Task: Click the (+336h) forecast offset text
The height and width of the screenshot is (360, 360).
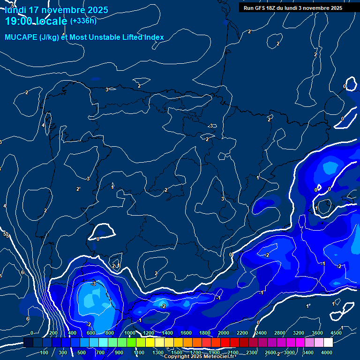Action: click(83, 21)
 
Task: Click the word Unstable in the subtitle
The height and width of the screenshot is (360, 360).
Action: click(111, 37)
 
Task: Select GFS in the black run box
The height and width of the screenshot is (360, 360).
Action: click(261, 8)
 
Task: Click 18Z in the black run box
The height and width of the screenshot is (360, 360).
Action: click(273, 8)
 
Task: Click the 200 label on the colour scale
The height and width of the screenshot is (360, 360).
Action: click(53, 333)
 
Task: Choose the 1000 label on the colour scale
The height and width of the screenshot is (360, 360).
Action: click(130, 333)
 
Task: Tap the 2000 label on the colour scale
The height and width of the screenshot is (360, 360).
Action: click(224, 333)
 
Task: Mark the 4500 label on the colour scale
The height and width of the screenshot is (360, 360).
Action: click(336, 333)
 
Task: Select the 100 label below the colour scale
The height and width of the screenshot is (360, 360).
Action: click(45, 352)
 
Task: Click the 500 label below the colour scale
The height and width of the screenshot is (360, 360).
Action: click(82, 352)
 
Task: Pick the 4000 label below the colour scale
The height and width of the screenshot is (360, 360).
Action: click(327, 352)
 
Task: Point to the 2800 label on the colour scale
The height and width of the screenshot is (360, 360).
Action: click(280, 333)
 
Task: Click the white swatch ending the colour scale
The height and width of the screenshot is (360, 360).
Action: click(328, 343)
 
